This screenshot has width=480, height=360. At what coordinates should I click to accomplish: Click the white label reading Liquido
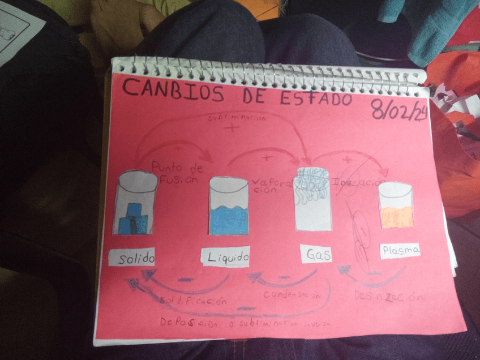click(226, 258)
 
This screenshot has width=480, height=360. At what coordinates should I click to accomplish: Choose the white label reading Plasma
click(400, 250)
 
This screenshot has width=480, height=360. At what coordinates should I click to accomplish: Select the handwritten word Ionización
click(356, 183)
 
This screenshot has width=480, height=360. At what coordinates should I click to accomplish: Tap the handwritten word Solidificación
click(193, 301)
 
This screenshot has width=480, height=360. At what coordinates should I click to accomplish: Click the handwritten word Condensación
click(296, 295)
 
